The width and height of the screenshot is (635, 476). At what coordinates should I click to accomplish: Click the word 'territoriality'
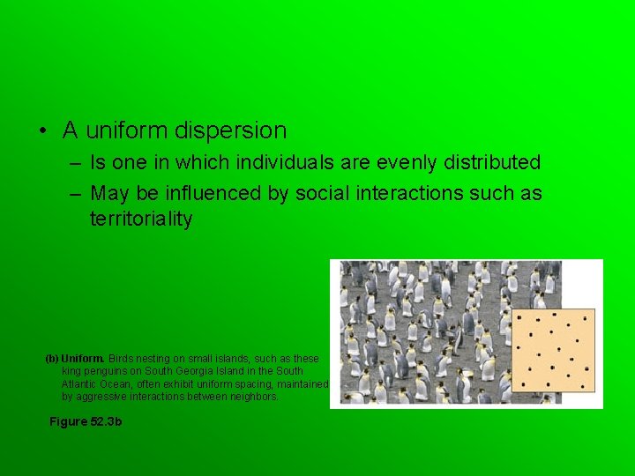[x=141, y=219]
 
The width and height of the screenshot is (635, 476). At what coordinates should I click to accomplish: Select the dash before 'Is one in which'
[x=71, y=163]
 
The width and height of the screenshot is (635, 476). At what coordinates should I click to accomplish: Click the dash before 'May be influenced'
[x=71, y=193]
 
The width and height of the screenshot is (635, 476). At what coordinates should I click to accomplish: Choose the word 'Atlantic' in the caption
[x=80, y=384]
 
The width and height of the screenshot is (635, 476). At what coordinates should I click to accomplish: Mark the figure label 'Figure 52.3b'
[x=86, y=422]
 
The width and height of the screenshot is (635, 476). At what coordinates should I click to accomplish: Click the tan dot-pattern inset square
[x=553, y=351]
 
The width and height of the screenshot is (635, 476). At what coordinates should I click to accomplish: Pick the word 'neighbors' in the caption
[x=255, y=397]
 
